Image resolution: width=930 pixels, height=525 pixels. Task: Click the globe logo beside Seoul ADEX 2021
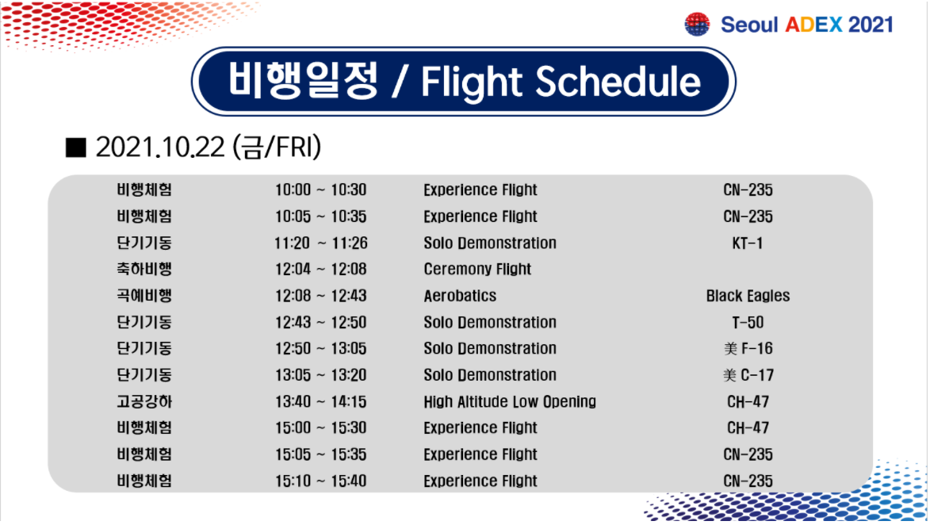click(697, 25)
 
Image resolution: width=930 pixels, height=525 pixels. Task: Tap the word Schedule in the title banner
click(618, 81)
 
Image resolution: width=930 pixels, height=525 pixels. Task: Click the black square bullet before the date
click(76, 148)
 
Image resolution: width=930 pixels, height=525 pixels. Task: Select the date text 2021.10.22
click(160, 148)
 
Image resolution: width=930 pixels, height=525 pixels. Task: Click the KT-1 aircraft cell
click(748, 243)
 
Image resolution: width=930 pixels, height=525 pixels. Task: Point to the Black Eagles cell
click(748, 296)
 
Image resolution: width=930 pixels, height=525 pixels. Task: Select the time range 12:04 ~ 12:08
click(321, 270)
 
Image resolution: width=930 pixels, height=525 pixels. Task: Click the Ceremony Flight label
click(477, 270)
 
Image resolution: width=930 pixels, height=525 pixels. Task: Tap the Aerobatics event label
click(461, 296)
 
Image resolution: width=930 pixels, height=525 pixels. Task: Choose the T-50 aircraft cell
click(748, 323)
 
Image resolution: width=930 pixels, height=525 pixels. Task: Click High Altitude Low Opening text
click(510, 402)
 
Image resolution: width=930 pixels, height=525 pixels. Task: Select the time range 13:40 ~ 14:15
click(321, 402)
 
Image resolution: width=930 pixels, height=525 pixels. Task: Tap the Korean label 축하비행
click(144, 270)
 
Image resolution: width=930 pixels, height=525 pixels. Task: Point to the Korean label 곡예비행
click(144, 296)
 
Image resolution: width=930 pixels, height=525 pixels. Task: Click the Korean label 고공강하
click(144, 402)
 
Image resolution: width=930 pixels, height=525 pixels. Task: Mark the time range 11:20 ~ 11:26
click(321, 243)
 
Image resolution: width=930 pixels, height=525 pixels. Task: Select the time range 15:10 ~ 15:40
click(321, 481)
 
